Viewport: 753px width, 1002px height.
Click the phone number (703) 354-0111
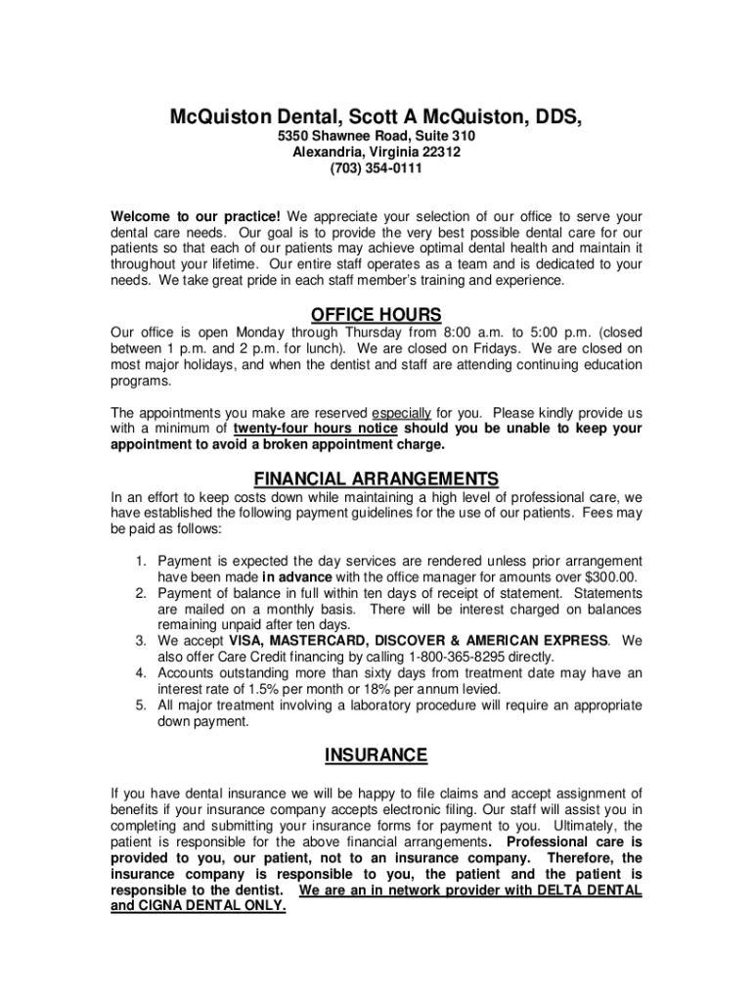coord(376,169)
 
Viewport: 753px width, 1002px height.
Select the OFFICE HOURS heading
coord(376,315)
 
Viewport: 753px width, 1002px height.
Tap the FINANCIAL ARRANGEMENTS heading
coord(376,479)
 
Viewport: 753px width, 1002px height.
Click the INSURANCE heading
coord(376,755)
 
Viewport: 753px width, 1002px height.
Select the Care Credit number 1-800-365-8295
coord(467,657)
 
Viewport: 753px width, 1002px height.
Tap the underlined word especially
coord(401,412)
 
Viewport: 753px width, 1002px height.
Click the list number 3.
coord(141,641)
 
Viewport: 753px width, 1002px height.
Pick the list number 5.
coord(141,705)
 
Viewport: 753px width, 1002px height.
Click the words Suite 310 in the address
coord(443,136)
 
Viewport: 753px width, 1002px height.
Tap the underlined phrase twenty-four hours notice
coord(315,429)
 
